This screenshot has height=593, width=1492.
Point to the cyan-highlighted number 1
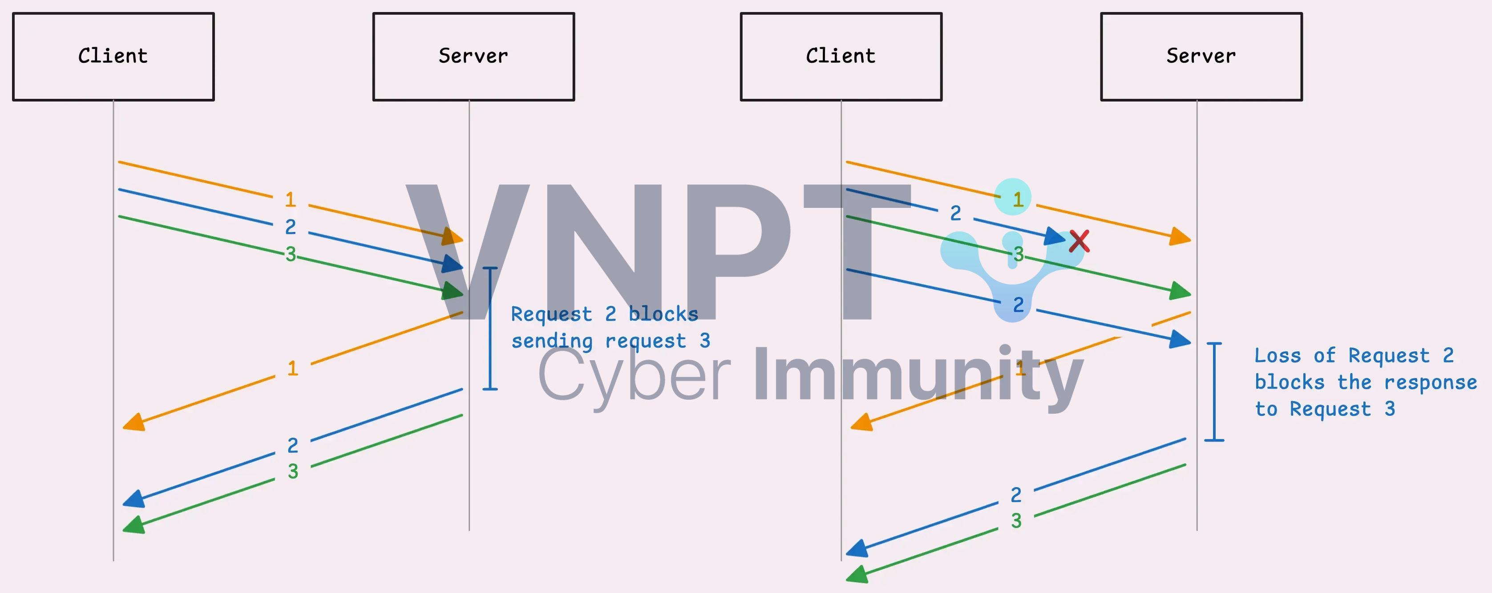1013,198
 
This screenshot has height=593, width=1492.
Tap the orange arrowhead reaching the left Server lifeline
453,236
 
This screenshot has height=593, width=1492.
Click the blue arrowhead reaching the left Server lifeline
453,264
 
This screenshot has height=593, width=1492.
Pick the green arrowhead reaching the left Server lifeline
453,291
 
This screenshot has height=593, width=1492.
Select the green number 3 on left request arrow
291,254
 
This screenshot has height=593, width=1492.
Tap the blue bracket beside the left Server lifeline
490,328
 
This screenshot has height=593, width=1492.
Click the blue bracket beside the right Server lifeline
1214,392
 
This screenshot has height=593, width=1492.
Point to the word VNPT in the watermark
655,252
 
